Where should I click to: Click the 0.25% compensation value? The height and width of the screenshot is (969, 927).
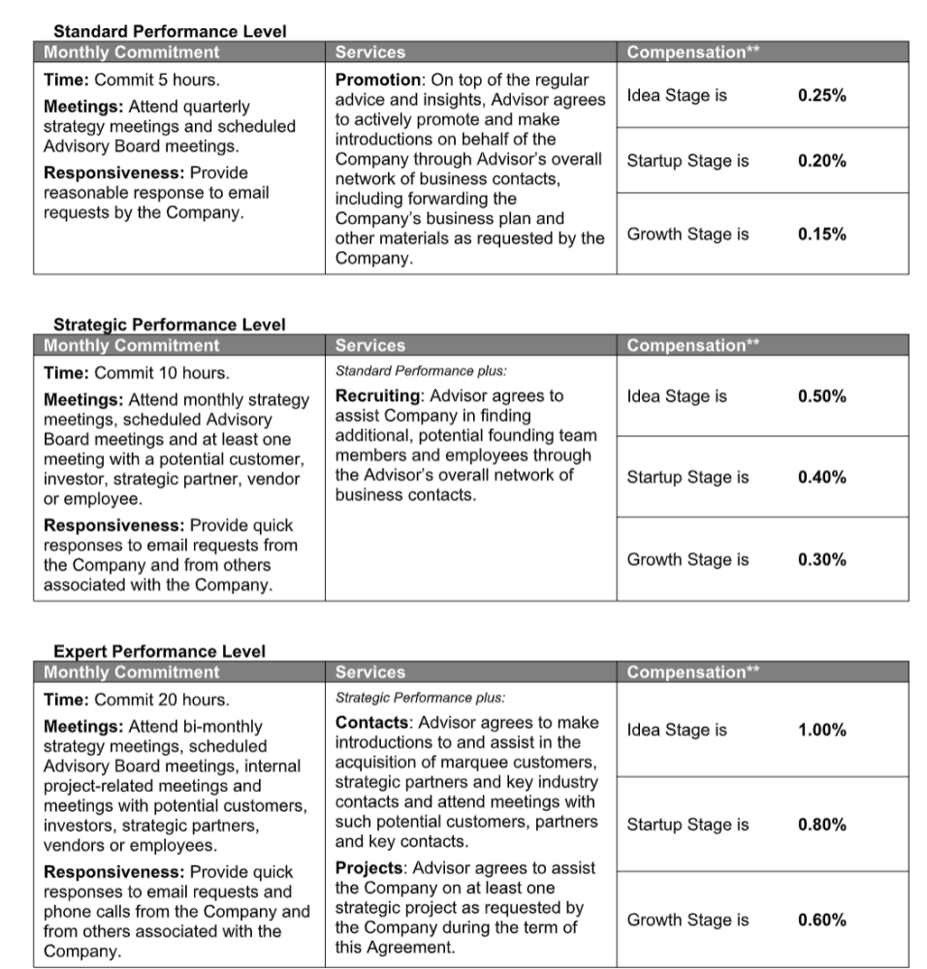[x=821, y=96]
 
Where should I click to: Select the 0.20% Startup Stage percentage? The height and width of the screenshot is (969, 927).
[x=821, y=161]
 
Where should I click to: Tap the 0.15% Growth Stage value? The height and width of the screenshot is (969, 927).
[x=821, y=234]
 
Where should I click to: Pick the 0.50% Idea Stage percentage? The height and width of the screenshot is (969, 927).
[x=821, y=396]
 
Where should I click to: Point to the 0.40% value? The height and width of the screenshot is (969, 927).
[x=821, y=477]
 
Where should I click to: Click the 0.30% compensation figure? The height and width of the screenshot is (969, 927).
[x=821, y=559]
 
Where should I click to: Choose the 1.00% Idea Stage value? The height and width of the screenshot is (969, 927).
[x=821, y=731]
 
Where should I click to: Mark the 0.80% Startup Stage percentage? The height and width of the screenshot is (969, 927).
[x=821, y=825]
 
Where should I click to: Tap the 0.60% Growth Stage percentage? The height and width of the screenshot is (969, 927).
[x=821, y=920]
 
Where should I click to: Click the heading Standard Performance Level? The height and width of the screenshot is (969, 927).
[x=170, y=31]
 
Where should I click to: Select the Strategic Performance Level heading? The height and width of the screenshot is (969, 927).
[x=170, y=325]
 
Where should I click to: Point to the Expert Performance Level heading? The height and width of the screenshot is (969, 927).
[x=159, y=651]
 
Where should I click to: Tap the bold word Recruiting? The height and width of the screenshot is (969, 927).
[x=379, y=396]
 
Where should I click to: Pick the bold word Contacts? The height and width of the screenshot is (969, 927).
[x=372, y=723]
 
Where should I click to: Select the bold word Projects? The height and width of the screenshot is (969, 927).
[x=369, y=868]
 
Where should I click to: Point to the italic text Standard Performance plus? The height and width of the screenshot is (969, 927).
[x=421, y=370]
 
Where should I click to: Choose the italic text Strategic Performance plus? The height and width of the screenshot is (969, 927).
[x=420, y=697]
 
